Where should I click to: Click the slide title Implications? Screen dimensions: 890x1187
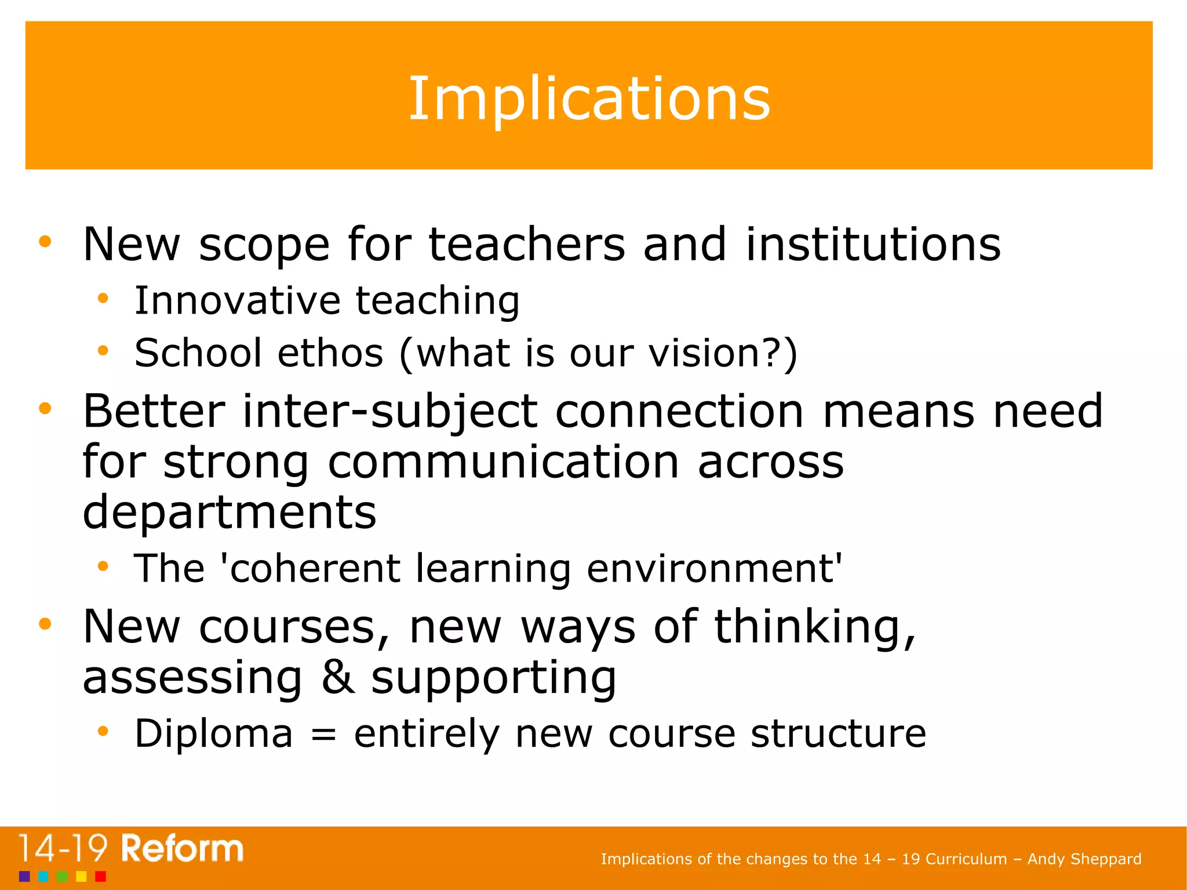pos(589,99)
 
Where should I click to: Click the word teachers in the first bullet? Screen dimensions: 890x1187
pos(527,244)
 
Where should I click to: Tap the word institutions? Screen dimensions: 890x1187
pos(873,244)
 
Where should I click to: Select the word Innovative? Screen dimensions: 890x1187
pos(237,300)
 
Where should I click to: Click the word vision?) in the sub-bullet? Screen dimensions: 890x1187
pos(723,353)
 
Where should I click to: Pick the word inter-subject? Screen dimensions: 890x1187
pos(390,412)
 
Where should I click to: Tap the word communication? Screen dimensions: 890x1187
pos(503,462)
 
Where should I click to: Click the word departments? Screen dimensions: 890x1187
pos(230,513)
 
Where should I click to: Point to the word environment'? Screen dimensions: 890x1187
pos(714,568)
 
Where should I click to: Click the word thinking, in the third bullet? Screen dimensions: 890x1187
pos(815,627)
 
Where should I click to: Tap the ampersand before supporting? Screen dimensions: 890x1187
pos(338,677)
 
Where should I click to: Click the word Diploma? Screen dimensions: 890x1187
pos(213,733)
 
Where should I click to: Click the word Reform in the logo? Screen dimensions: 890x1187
pos(182,849)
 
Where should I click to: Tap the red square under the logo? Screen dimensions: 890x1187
pos(100,876)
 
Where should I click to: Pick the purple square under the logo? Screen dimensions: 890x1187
pos(24,876)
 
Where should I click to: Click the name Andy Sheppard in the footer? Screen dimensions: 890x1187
pos(1084,859)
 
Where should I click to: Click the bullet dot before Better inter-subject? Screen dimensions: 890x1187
pos(45,409)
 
